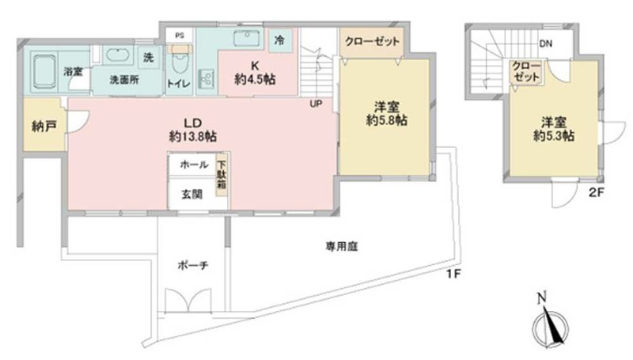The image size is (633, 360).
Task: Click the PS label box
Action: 180,36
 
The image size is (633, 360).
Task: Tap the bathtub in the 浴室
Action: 45,72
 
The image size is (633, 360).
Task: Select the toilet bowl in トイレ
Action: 180,65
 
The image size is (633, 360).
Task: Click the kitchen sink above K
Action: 247,39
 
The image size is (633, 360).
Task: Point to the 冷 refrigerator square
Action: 279,40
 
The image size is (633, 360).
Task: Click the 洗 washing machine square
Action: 149,57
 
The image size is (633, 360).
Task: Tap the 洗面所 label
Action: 124,80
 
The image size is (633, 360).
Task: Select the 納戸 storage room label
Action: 44,127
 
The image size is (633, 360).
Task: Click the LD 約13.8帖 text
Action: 193,130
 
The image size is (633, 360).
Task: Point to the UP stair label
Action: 316,104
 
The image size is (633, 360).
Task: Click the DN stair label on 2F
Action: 546,44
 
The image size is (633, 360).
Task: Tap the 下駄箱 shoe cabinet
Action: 222,176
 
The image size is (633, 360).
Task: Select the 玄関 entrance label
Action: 191,195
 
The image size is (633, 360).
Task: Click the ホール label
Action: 194,165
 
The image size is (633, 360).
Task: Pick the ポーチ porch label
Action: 193,265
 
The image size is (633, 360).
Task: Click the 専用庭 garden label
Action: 342,246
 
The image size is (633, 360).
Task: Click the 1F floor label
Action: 453,275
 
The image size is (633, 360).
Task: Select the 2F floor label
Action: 597,192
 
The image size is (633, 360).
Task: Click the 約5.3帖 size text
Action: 554,136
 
